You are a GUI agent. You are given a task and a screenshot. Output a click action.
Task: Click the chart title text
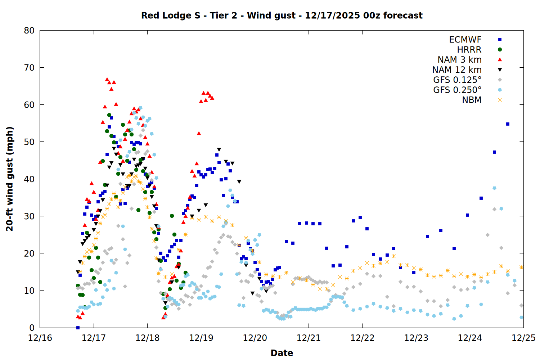(x=282, y=15)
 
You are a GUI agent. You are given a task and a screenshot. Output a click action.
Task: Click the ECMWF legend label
(x=465, y=40)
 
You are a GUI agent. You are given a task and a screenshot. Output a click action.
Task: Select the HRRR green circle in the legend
(x=500, y=50)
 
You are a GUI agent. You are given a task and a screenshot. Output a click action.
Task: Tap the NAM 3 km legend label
(x=459, y=60)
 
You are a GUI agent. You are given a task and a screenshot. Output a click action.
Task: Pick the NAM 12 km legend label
(x=457, y=70)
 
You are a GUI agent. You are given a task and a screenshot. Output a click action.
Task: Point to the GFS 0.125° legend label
(x=457, y=80)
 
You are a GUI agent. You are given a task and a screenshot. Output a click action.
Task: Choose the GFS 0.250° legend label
(x=457, y=90)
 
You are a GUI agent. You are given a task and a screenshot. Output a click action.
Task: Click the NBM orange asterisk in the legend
(x=500, y=100)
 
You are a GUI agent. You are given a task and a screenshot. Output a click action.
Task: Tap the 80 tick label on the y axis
(x=29, y=31)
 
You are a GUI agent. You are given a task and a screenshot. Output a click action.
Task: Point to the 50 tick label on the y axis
(x=29, y=142)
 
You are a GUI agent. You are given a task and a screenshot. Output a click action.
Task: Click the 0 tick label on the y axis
(x=32, y=328)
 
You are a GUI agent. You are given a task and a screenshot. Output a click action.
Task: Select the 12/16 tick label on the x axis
(x=40, y=338)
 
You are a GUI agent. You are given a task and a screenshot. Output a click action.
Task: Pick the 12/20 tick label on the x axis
(x=255, y=338)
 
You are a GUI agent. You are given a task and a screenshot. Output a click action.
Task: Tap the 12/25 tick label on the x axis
(x=523, y=338)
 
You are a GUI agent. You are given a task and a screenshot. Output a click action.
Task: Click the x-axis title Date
(x=282, y=353)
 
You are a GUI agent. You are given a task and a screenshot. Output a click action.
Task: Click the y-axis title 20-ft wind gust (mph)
(x=10, y=179)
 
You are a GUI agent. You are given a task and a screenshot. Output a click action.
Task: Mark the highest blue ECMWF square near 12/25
(x=508, y=124)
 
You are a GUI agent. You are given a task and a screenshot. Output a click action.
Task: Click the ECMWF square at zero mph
(x=78, y=328)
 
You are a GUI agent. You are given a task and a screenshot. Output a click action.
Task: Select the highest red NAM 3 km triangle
(x=107, y=79)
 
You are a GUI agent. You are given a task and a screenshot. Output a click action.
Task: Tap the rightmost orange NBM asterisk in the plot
(x=521, y=267)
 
